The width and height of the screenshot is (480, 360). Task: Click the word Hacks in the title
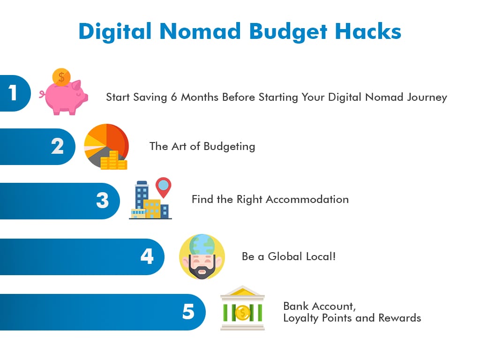pyautogui.click(x=367, y=31)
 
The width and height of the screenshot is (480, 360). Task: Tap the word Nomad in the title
pyautogui.click(x=200, y=31)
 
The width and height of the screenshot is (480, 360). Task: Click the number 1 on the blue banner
pyautogui.click(x=13, y=93)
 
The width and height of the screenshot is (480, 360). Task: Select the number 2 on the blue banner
pyautogui.click(x=57, y=146)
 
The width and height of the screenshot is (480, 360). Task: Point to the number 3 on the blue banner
pyautogui.click(x=102, y=201)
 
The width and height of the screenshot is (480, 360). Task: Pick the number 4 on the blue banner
pyautogui.click(x=147, y=256)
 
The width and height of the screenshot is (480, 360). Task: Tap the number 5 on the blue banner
pyautogui.click(x=188, y=312)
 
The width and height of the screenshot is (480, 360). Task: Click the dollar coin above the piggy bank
pyautogui.click(x=61, y=77)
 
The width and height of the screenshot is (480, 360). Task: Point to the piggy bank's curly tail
pyautogui.click(x=42, y=94)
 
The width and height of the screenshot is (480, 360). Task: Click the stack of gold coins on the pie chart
pyautogui.click(x=113, y=160)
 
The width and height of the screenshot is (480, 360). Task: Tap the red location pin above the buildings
pyautogui.click(x=163, y=187)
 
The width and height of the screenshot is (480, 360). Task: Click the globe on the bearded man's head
pyautogui.click(x=202, y=244)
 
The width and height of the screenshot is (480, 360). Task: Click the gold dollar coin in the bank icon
pyautogui.click(x=243, y=313)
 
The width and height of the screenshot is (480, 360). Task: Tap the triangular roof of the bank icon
pyautogui.click(x=242, y=291)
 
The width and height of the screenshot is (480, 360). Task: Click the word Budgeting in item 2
pyautogui.click(x=229, y=147)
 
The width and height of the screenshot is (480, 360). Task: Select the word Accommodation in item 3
pyautogui.click(x=307, y=199)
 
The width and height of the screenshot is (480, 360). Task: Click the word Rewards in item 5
pyautogui.click(x=399, y=318)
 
